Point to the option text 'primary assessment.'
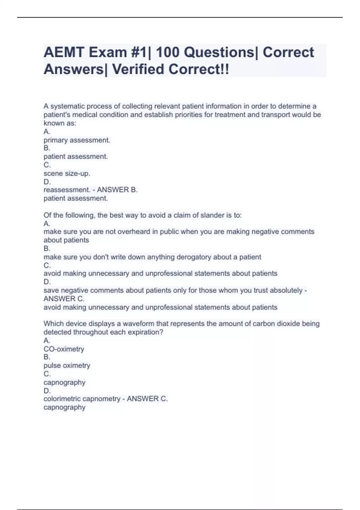tap(77, 140)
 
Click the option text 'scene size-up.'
tap(67, 173)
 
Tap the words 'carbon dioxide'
tap(275, 324)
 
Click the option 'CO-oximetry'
tap(64, 349)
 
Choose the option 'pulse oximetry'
tap(67, 365)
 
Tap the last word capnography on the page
tap(64, 407)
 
